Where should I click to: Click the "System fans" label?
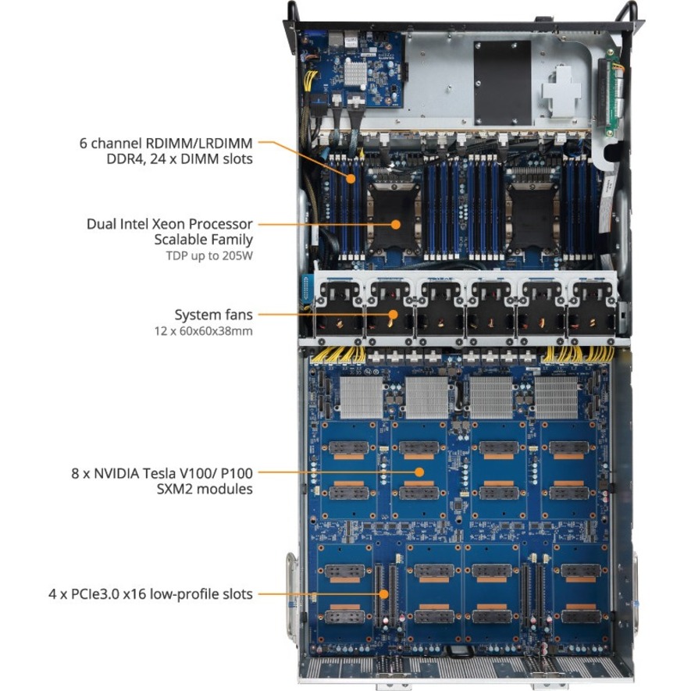coord(213,315)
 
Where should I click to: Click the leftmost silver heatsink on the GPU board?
coord(362,399)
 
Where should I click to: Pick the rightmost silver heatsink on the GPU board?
coord(557,400)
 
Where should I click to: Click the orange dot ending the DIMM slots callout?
coord(352,178)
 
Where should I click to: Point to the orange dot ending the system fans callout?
coord(393,315)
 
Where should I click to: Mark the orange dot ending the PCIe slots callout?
coord(384,594)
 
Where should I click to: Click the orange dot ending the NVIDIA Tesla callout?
coord(419,472)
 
